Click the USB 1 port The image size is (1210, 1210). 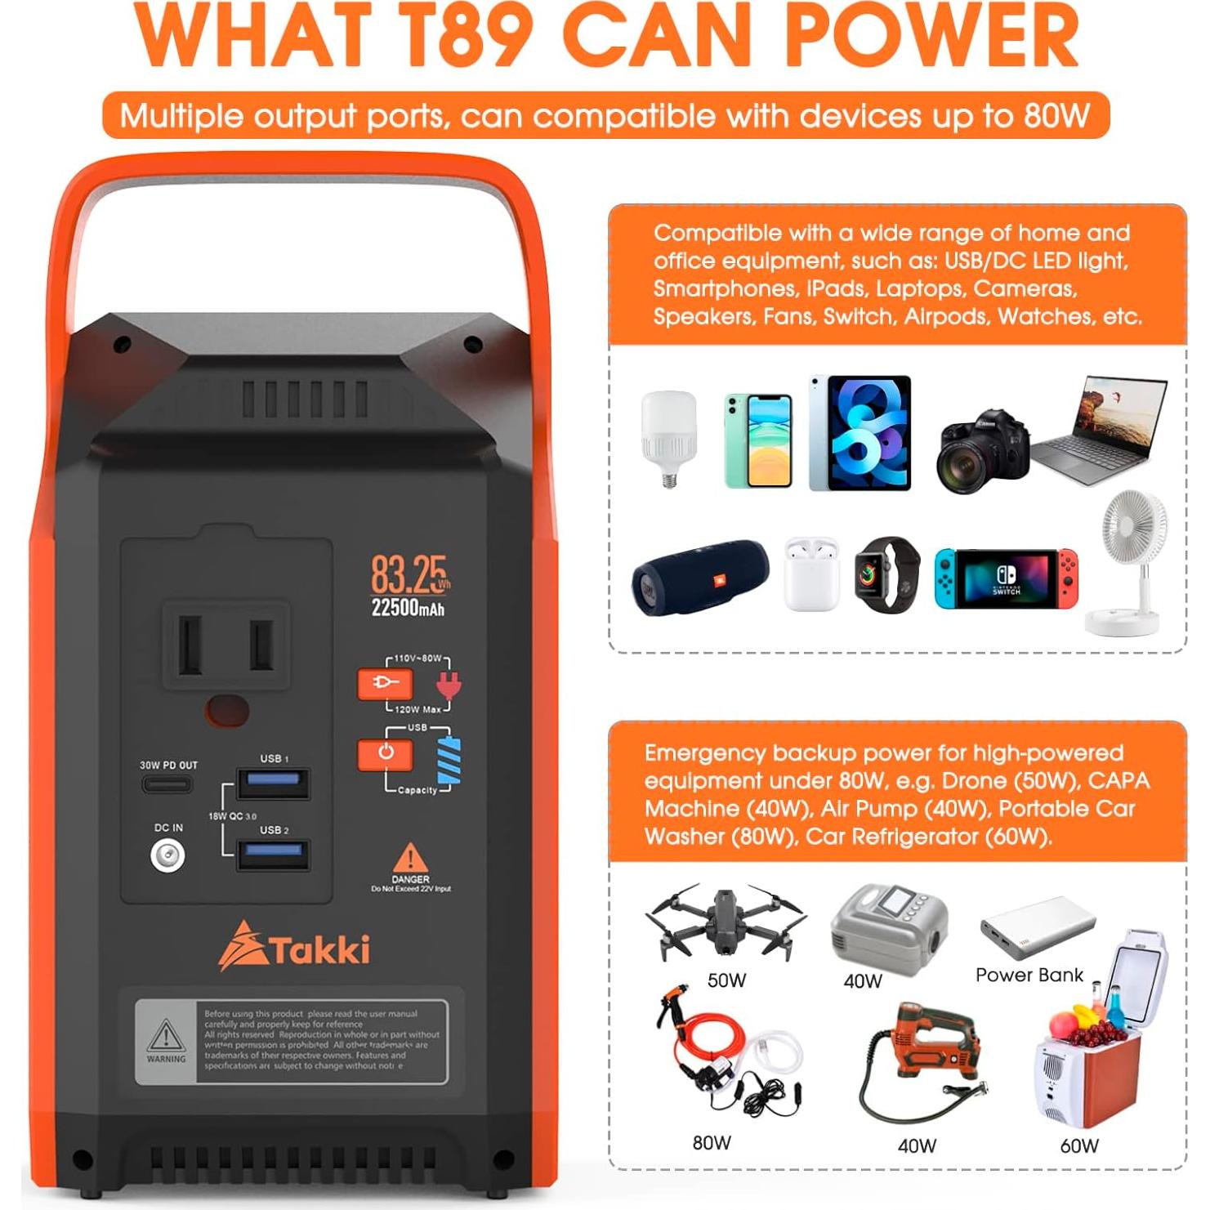click(273, 783)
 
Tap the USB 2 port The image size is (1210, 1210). click(273, 855)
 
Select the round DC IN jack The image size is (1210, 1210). click(167, 855)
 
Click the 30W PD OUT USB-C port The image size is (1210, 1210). click(167, 785)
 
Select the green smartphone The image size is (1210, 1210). click(758, 440)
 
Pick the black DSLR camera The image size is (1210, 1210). click(983, 449)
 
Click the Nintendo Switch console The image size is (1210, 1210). click(1007, 578)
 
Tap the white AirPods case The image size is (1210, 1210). click(811, 574)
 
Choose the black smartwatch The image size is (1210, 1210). click(886, 574)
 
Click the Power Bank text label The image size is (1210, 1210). click(1029, 975)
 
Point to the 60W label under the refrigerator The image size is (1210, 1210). click(1078, 1145)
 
